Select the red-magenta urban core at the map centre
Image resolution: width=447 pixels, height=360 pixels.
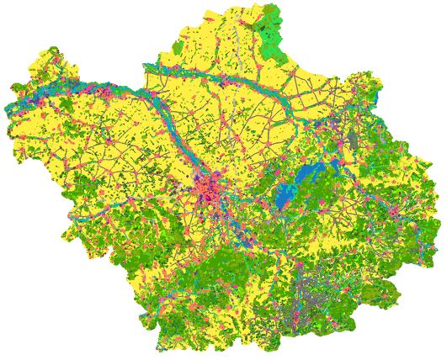208,190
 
